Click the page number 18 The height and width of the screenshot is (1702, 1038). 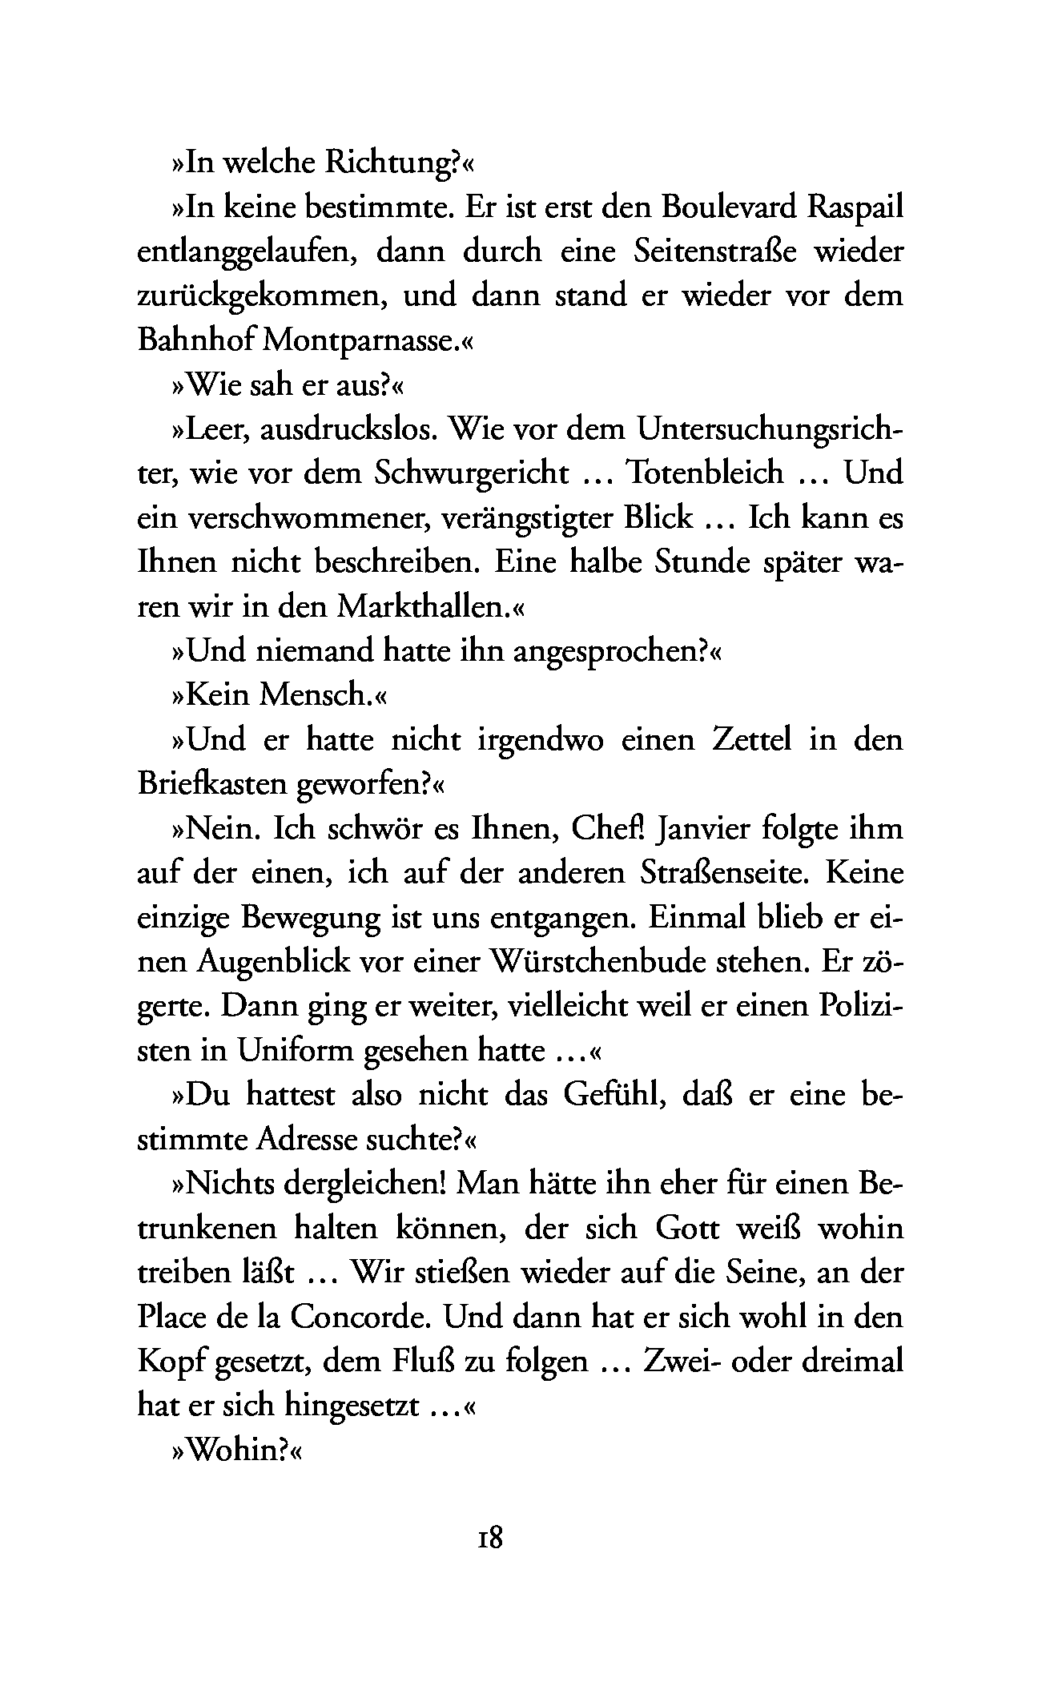pos(489,1539)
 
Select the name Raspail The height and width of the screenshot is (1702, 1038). pos(856,208)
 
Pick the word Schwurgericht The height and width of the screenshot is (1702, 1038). pos(472,473)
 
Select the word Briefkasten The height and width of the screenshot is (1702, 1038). pos(212,783)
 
